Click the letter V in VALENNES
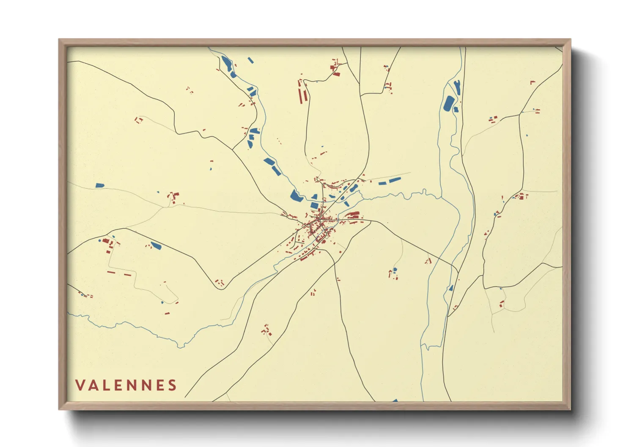80,385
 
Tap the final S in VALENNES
172,385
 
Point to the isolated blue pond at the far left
100,185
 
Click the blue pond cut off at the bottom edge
395,400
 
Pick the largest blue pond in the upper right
449,104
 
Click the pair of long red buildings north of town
302,91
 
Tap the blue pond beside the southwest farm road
156,245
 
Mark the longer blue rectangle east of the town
395,180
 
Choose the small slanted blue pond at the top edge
250,60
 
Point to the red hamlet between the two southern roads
266,330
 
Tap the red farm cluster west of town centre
173,196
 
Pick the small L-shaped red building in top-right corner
533,82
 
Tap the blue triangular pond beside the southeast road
451,288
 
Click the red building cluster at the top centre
335,68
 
